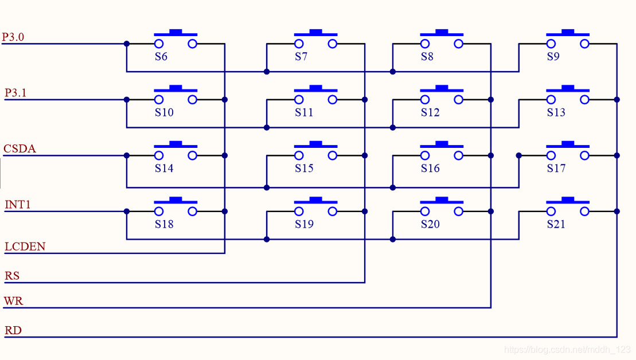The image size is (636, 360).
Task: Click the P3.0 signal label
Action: pyautogui.click(x=13, y=37)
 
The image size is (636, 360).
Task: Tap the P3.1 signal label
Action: pyautogui.click(x=15, y=93)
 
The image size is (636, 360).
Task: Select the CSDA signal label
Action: pyautogui.click(x=19, y=149)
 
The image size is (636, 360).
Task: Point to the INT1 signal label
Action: pyautogui.click(x=17, y=204)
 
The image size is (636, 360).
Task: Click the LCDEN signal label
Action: pyautogui.click(x=25, y=246)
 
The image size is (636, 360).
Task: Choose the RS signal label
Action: pyautogui.click(x=12, y=276)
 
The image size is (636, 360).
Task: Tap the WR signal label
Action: pyautogui.click(x=13, y=301)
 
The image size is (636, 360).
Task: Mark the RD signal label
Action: pyautogui.click(x=13, y=330)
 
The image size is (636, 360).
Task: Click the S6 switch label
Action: pyautogui.click(x=161, y=57)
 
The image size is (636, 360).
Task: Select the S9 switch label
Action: pyautogui.click(x=553, y=57)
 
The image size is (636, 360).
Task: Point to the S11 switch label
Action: pyautogui.click(x=304, y=112)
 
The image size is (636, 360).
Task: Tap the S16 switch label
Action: pyautogui.click(x=430, y=168)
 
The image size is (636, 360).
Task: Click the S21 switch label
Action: pyautogui.click(x=556, y=224)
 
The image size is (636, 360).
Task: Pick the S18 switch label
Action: pyautogui.click(x=164, y=224)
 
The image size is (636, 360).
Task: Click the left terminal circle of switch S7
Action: pyautogui.click(x=299, y=44)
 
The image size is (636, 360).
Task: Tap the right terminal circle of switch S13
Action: pyautogui.click(x=584, y=100)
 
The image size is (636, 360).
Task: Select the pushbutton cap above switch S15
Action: pyautogui.click(x=315, y=144)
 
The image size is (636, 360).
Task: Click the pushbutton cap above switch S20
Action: pyautogui.click(x=442, y=200)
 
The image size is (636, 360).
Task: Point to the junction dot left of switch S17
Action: pyautogui.click(x=519, y=155)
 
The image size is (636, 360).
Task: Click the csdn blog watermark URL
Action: pyautogui.click(x=567, y=350)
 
